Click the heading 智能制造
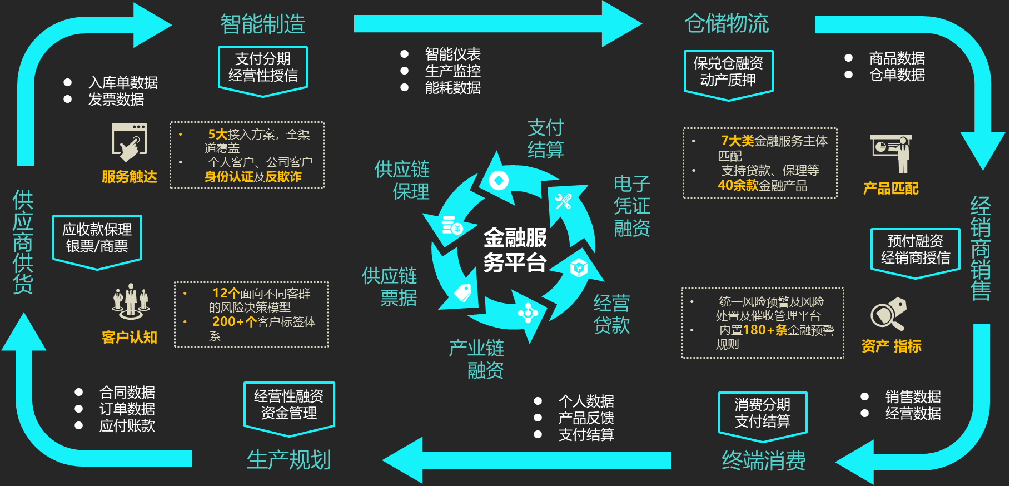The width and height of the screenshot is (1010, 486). pyautogui.click(x=262, y=24)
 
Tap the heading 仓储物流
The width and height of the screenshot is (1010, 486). pyautogui.click(x=727, y=24)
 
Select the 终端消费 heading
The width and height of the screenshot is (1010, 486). pyautogui.click(x=763, y=460)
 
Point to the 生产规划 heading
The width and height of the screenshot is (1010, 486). pyautogui.click(x=288, y=460)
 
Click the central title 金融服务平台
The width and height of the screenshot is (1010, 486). pyautogui.click(x=515, y=250)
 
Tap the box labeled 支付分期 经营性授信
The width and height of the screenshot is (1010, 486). pyautogui.click(x=263, y=68)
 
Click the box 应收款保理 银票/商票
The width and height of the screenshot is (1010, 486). pyautogui.click(x=97, y=238)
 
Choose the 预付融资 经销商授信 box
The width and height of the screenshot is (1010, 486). pyautogui.click(x=915, y=250)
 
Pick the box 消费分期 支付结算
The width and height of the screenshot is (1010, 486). pyautogui.click(x=763, y=413)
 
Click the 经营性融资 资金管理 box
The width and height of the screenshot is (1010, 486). pyautogui.click(x=289, y=405)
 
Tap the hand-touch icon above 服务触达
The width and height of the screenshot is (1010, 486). pyautogui.click(x=130, y=142)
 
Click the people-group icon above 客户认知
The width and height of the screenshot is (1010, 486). pyautogui.click(x=130, y=301)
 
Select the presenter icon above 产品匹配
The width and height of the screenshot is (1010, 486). pyautogui.click(x=892, y=153)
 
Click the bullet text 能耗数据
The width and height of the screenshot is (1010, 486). pyautogui.click(x=452, y=88)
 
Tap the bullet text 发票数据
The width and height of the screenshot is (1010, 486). pyautogui.click(x=116, y=100)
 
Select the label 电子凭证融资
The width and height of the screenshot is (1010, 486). pyautogui.click(x=631, y=206)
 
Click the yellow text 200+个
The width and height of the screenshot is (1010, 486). pyautogui.click(x=234, y=321)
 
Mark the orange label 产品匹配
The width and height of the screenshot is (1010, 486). pyautogui.click(x=890, y=189)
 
